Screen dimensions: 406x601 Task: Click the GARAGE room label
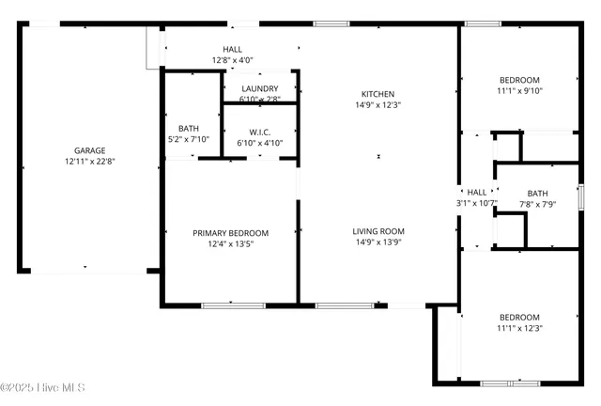(x=89, y=150)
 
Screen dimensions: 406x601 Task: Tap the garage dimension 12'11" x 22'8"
(x=89, y=162)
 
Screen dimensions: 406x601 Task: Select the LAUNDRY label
(x=259, y=88)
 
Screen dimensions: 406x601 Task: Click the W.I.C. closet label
(x=260, y=132)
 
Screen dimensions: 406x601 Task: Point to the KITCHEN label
(x=378, y=94)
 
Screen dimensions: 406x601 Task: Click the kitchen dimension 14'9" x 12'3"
(x=378, y=105)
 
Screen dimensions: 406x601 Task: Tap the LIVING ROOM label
(x=378, y=231)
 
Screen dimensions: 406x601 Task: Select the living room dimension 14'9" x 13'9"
(x=378, y=242)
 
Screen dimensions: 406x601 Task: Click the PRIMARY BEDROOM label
(x=230, y=233)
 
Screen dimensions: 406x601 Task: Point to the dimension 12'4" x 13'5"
(x=230, y=244)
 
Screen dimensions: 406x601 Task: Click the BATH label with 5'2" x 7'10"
(x=188, y=129)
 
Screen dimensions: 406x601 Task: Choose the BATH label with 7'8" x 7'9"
(x=537, y=193)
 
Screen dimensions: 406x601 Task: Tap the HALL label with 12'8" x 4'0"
(x=232, y=49)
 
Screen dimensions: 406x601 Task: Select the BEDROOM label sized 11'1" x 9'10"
(x=519, y=80)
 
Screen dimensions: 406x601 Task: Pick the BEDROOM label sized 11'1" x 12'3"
(x=519, y=317)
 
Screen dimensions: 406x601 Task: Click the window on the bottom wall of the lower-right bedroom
(x=509, y=383)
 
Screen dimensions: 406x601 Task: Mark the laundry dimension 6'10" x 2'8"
(x=260, y=99)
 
